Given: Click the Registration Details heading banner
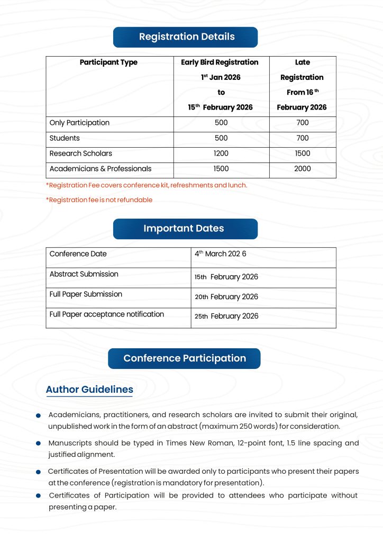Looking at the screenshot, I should pos(186,37).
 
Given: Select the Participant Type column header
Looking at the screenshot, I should pos(108,62).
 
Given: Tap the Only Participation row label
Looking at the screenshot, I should pos(79,123).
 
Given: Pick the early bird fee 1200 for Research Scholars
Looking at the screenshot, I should pos(221,153).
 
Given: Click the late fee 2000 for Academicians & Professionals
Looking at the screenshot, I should pos(302,169).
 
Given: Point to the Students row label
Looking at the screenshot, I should pos(65,138).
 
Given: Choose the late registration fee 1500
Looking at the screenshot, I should pos(302,153).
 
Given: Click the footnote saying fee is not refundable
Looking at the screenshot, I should pos(99,200).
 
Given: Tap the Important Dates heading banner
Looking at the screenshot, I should pos(185,229).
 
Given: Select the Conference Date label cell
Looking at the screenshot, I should pos(78,254).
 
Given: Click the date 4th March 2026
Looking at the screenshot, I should pos(221,254).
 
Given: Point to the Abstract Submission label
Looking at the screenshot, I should pos(84,274).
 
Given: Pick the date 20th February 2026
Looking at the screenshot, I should pos(226,297).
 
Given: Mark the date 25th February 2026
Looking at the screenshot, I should pos(226,317).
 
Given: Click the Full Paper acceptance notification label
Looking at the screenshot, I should pos(106,314).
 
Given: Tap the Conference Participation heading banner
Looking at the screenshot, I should pos(184,358).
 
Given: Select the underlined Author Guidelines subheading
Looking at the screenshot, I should pos(89,390).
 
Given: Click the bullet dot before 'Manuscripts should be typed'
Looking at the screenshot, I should pos(39,444).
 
